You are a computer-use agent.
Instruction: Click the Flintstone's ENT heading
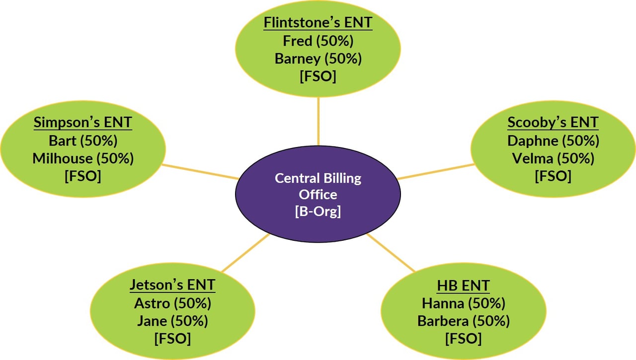tap(318, 23)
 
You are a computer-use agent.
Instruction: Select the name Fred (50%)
tap(318, 41)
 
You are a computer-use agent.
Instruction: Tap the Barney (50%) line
tap(318, 59)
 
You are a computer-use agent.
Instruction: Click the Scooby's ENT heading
tap(553, 122)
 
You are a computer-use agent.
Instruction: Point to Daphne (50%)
tap(553, 141)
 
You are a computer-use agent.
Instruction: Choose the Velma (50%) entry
tap(553, 158)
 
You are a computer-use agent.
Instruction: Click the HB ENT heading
tap(463, 286)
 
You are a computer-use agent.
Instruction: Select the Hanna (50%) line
tap(463, 303)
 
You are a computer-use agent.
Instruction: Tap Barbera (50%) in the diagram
tap(463, 321)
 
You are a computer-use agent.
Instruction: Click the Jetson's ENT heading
tap(172, 285)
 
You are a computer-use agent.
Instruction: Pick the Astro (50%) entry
tap(172, 303)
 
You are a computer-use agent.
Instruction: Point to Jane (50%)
tap(172, 321)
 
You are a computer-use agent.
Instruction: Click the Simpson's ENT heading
tap(83, 123)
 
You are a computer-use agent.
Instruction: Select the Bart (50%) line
tap(83, 141)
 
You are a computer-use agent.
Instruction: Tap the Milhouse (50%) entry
tap(83, 158)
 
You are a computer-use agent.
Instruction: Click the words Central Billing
tap(318, 178)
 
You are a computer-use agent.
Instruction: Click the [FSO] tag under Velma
tap(553, 176)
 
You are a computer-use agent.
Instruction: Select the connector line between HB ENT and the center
tap(391, 253)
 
